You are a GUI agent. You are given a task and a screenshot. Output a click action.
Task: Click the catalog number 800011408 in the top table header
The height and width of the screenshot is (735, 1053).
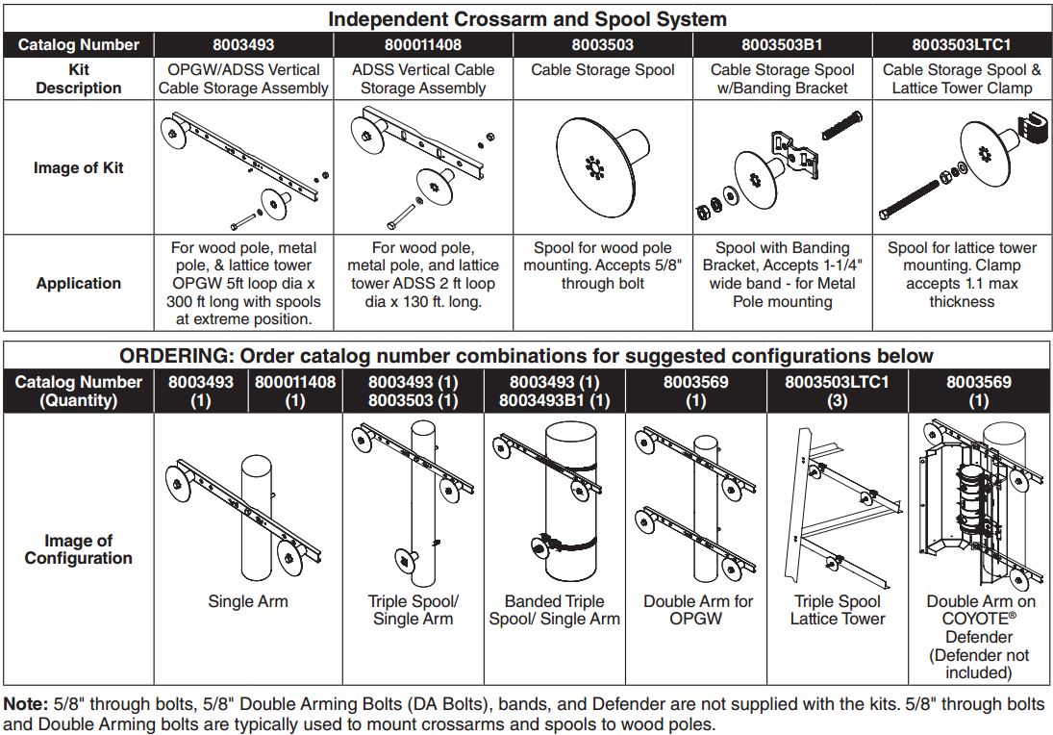pyautogui.click(x=423, y=44)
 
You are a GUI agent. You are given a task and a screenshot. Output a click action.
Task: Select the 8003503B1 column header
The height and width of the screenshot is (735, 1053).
pyautogui.click(x=782, y=44)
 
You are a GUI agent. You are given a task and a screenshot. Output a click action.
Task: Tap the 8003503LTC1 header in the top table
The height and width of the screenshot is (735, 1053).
pyautogui.click(x=962, y=44)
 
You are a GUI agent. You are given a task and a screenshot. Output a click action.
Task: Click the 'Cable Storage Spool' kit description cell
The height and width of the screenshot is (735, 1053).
pyautogui.click(x=603, y=70)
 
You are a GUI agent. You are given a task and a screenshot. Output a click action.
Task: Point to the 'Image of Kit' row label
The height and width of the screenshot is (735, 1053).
pyautogui.click(x=78, y=167)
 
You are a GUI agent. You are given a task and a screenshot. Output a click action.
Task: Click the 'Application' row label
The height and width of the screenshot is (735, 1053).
pyautogui.click(x=78, y=284)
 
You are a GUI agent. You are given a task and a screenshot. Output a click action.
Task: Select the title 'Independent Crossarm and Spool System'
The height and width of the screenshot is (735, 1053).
pyautogui.click(x=527, y=19)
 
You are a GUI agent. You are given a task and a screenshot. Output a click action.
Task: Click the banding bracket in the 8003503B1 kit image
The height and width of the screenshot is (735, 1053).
pyautogui.click(x=792, y=154)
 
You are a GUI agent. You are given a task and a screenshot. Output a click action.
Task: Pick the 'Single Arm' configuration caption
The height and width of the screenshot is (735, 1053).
pyautogui.click(x=247, y=602)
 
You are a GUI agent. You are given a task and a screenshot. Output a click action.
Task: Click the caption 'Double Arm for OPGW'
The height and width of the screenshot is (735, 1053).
pyautogui.click(x=698, y=610)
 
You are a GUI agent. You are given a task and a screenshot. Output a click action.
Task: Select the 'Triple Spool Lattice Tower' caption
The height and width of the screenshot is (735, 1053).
pyautogui.click(x=837, y=610)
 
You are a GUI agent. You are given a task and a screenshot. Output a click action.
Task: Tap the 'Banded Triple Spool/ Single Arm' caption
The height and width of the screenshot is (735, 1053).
pyautogui.click(x=554, y=610)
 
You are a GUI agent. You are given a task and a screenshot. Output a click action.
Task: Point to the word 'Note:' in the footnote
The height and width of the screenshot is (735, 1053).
pyautogui.click(x=23, y=705)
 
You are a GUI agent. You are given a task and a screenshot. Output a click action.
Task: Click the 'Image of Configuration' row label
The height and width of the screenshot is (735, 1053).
pyautogui.click(x=78, y=549)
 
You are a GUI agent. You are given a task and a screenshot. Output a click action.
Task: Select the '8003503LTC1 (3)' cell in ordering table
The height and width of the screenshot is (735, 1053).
pyautogui.click(x=837, y=391)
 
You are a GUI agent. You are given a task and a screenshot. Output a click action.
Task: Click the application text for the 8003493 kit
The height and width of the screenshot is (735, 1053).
pyautogui.click(x=243, y=284)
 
